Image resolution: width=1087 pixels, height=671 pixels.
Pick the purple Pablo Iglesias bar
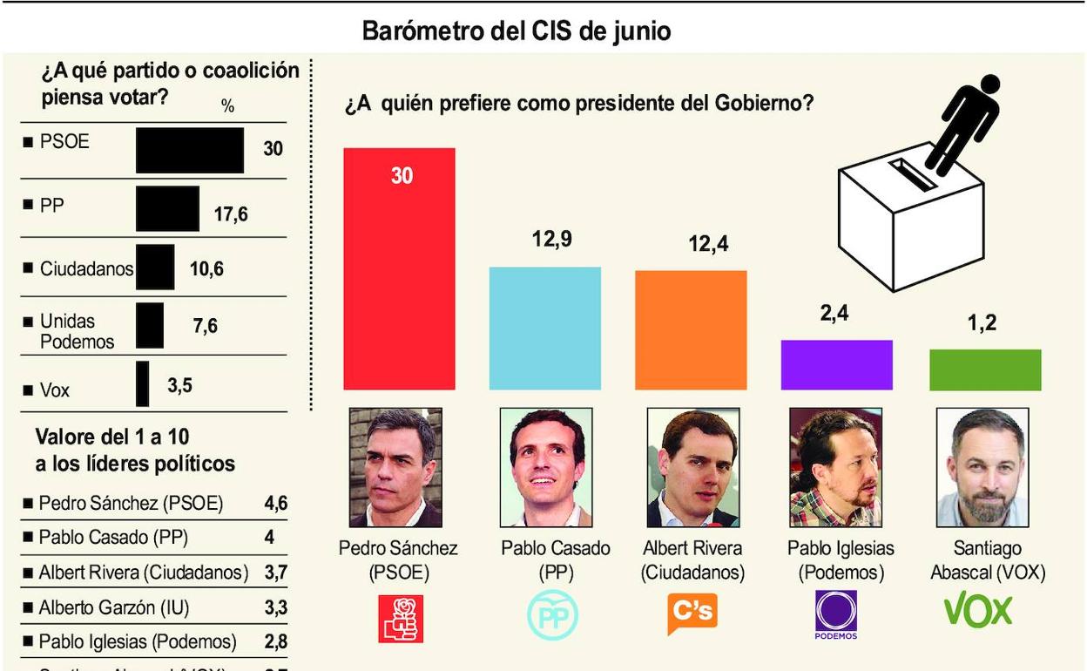836,364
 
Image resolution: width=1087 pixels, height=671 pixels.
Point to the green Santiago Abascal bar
985,369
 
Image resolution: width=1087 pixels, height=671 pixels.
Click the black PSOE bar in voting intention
190,150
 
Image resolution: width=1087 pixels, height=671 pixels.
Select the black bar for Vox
142,383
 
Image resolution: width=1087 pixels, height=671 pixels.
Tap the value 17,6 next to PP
231,213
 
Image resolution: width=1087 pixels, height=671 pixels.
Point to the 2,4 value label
834,314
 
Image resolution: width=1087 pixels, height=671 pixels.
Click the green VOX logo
978,611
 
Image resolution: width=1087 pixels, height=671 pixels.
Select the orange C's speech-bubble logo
692,613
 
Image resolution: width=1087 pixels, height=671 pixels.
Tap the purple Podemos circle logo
836,613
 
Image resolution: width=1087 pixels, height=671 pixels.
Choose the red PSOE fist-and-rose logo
401,618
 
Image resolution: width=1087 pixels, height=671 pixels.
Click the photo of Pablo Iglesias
835,467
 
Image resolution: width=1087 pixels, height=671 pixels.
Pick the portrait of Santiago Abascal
982,467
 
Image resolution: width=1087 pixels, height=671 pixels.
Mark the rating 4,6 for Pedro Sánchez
275,504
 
